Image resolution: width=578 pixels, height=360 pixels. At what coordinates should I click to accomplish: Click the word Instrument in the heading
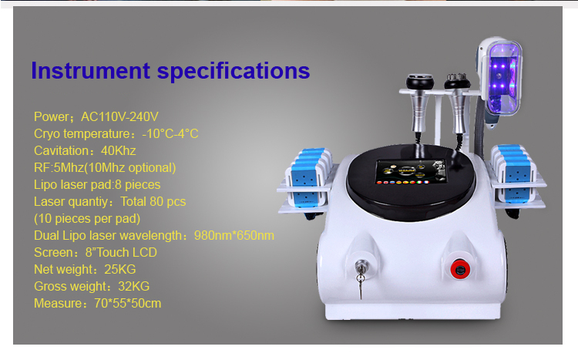click(91, 70)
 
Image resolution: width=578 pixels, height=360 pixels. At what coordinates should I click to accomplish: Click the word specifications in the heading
click(234, 71)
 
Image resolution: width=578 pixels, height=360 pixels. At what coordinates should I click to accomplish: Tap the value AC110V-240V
click(119, 116)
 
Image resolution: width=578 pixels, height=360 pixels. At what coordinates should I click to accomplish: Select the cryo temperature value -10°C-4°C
click(170, 133)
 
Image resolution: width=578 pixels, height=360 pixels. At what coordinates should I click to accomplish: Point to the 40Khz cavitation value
click(119, 150)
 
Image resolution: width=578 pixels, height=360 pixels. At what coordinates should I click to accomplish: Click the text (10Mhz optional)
click(130, 168)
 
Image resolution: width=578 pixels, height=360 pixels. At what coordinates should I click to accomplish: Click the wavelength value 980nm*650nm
click(234, 235)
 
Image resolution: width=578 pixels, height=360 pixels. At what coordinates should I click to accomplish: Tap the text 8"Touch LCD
click(121, 252)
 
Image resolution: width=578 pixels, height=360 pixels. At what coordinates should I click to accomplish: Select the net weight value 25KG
click(119, 269)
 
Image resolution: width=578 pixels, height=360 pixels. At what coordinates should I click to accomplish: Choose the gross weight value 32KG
click(134, 286)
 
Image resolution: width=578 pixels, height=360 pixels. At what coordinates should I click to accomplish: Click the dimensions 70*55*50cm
click(127, 303)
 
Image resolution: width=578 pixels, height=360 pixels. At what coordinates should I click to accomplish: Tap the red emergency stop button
click(460, 270)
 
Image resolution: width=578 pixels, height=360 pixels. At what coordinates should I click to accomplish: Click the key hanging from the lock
click(361, 285)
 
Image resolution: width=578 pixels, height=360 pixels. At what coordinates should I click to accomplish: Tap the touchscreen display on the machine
click(411, 172)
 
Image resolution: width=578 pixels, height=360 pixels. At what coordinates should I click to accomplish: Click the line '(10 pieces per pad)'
click(87, 219)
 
